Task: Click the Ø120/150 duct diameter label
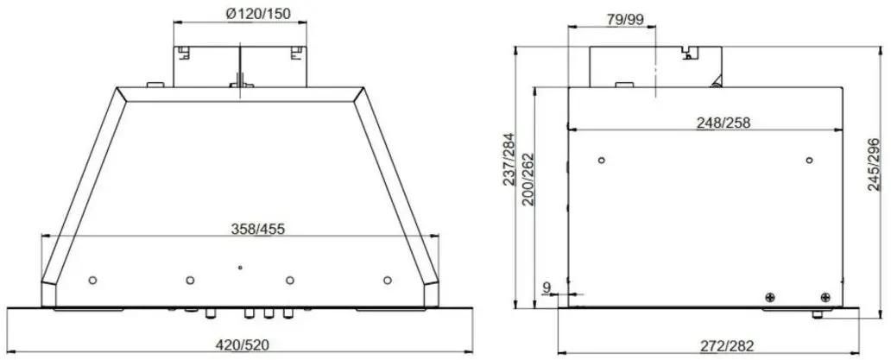pyautogui.click(x=258, y=15)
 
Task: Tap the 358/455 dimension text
pyautogui.click(x=257, y=229)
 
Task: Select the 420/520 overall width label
pyautogui.click(x=243, y=344)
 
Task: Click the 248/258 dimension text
pyautogui.click(x=724, y=122)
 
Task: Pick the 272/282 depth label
pyautogui.click(x=727, y=344)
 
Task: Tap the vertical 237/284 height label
pyautogui.click(x=509, y=160)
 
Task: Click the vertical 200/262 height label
pyautogui.click(x=528, y=180)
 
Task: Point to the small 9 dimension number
pyautogui.click(x=547, y=287)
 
